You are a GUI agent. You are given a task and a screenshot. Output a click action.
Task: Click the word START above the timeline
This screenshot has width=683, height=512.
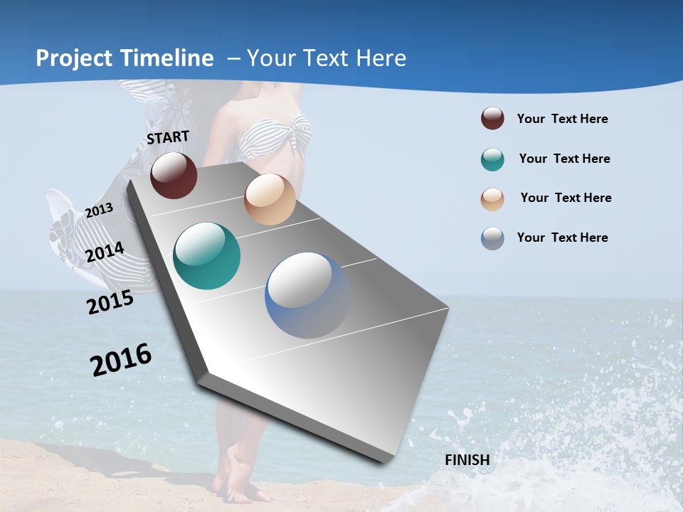coord(168,137)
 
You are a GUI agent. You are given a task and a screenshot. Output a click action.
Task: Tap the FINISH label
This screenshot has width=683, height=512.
coord(467,460)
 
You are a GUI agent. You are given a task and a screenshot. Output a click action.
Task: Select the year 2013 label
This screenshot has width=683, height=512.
coord(99,210)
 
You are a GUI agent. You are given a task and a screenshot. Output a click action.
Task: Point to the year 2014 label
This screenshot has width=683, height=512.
coord(105,252)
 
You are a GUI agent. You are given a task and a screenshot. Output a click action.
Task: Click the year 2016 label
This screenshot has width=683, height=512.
coord(121,360)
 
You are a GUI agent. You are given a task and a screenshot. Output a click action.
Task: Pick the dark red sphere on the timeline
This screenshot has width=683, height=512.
coord(174,175)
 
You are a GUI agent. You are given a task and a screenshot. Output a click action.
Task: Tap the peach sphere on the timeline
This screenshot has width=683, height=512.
coord(270,199)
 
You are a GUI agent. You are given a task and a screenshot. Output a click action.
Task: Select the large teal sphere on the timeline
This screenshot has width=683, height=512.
coord(207,256)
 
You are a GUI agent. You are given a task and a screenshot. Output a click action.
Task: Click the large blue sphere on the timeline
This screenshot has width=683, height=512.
coord(308,295)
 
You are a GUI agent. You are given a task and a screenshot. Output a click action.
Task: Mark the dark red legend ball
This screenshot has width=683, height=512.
coord(492,119)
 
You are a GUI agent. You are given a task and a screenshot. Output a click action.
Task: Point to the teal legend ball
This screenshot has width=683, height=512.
coord(492,159)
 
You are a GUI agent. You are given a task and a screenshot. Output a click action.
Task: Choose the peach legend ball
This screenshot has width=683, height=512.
coord(492,198)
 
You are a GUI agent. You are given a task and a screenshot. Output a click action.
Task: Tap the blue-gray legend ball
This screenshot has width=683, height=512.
coord(492,238)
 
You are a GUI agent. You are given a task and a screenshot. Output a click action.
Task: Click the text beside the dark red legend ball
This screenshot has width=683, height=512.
coord(562,119)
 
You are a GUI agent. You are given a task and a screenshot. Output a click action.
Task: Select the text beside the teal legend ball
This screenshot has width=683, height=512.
coord(564,159)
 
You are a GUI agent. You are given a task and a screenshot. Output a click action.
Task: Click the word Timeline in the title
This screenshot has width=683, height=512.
coord(167,58)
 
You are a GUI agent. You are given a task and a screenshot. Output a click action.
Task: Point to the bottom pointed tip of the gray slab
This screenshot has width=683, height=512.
coord(384,460)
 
